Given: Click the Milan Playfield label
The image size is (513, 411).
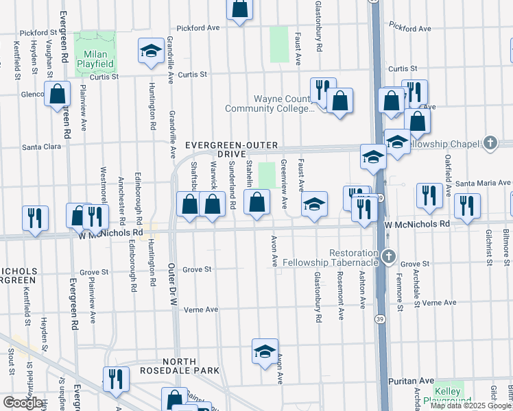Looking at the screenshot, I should (96, 60).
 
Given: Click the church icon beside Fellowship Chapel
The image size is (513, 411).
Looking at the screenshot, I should (490, 143).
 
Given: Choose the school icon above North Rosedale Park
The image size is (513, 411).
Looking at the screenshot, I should (265, 352).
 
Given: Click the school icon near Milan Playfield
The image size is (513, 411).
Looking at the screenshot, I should (151, 51).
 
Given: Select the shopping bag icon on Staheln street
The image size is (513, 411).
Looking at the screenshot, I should (256, 203).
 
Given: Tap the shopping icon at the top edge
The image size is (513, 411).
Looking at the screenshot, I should (240, 9).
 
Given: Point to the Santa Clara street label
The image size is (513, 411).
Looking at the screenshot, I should (43, 147).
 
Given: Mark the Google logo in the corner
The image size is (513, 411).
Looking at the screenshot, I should (23, 403).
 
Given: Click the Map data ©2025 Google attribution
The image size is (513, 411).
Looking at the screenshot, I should (470, 406).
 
